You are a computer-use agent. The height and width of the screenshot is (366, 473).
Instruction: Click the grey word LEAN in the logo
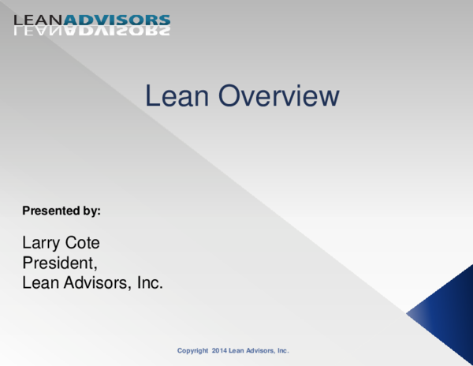39,20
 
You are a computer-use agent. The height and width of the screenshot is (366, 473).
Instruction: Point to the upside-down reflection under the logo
91,32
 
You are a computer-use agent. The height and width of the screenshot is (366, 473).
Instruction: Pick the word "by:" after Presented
91,211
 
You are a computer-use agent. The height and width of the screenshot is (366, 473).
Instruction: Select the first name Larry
41,243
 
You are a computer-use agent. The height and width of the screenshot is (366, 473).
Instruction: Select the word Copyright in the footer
192,349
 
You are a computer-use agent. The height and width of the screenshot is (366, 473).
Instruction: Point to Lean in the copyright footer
237,349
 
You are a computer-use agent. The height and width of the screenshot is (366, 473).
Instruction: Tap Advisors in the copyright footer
261,349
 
